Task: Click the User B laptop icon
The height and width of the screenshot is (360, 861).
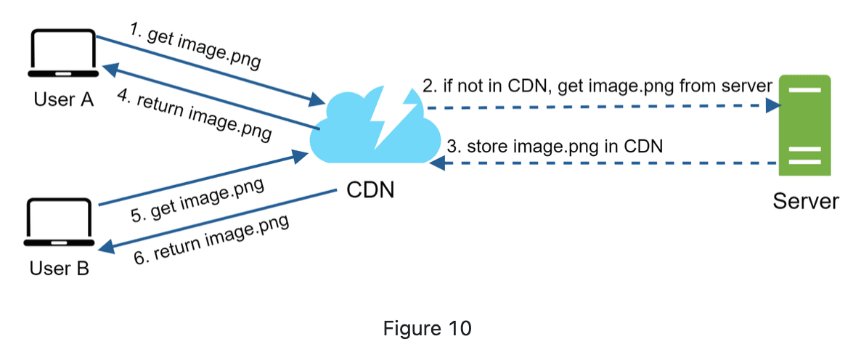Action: pos(59,221)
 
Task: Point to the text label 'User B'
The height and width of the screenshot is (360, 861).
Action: pos(60,269)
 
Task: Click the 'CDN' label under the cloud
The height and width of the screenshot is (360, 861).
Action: pos(370,191)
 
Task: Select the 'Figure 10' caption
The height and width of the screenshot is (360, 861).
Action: pos(427,328)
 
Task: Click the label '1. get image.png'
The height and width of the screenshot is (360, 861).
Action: pos(194,45)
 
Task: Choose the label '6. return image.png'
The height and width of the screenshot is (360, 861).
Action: pos(212,240)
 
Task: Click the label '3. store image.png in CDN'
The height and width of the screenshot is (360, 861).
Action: pos(555,146)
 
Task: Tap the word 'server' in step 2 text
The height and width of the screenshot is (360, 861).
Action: pos(747,86)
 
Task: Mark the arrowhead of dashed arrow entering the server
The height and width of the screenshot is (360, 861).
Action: pos(774,106)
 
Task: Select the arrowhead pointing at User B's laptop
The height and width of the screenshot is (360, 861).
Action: pos(105,248)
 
